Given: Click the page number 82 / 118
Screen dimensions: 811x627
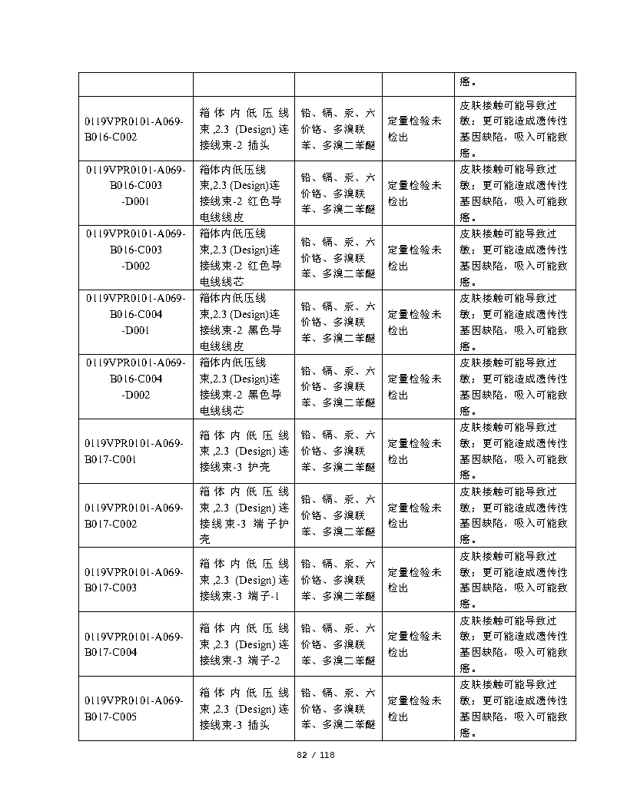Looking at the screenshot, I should pos(316,755).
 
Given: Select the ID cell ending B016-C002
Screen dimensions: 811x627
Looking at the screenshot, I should pos(135,128).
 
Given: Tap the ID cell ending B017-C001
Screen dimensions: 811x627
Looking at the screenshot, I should pos(135,451).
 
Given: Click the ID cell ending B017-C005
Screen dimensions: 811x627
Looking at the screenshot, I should pos(135,709).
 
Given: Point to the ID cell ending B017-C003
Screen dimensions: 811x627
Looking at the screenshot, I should pos(135,580).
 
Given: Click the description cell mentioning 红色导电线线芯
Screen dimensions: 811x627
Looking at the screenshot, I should pos(244,257).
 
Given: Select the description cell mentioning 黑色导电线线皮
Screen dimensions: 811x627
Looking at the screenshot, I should pos(244,322).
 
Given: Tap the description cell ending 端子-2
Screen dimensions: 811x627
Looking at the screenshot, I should pos(244,644).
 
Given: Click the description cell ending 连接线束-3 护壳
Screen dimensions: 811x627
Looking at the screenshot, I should pos(244,451).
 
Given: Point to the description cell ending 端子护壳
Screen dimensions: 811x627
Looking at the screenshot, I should pos(244,515).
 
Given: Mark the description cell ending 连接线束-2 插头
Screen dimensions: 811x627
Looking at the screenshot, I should pos(244,128).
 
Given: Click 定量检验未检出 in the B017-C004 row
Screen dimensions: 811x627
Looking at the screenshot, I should pos(415,644).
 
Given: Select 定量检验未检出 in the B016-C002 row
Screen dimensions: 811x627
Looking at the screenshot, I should pos(415,128).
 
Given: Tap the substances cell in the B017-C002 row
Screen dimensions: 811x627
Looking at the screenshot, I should pos(338,515).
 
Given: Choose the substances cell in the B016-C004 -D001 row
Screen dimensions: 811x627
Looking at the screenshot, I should pos(338,322).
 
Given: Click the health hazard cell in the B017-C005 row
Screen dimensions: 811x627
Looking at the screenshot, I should pos(514,709).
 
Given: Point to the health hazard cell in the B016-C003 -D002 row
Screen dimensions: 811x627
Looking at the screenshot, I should pos(514,257).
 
